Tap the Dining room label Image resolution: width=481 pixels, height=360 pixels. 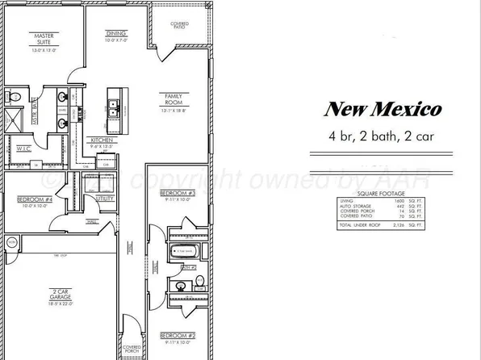tap(116, 33)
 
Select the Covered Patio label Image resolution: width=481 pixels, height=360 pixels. tap(179, 26)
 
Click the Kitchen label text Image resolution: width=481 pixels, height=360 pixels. tap(101, 140)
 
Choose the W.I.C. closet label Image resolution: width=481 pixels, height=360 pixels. tap(23, 149)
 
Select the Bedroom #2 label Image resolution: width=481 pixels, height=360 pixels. tap(178, 335)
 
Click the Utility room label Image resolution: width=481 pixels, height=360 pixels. tap(105, 197)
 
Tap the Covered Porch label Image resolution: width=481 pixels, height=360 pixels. tap(132, 349)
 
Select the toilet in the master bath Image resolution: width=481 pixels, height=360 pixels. tap(14, 97)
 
